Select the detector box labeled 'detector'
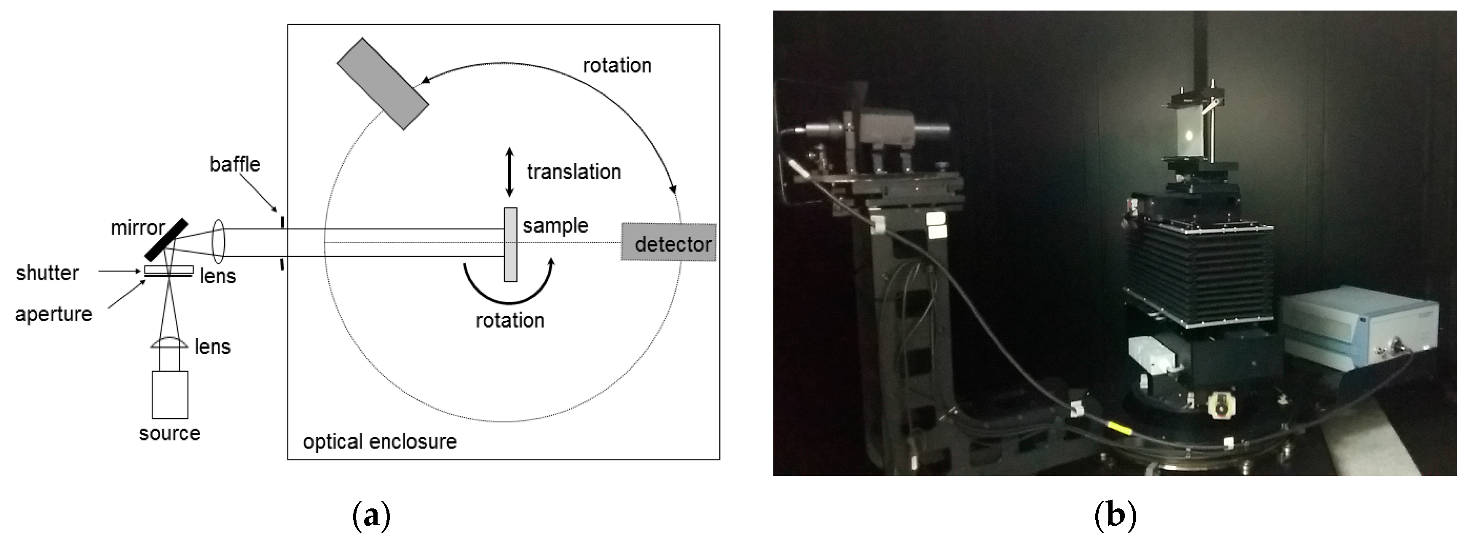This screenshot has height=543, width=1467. tap(668, 242)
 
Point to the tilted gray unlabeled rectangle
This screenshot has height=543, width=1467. tap(382, 84)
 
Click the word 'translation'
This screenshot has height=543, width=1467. tap(574, 172)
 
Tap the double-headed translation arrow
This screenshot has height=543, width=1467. tap(510, 172)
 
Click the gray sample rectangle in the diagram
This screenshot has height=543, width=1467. tap(510, 245)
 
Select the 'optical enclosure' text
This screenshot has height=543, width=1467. tap(380, 441)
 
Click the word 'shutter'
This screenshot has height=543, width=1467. tap(47, 273)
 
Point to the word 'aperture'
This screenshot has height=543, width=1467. tap(54, 314)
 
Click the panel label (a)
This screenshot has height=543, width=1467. tap(372, 516)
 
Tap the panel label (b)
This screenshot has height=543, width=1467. tap(1115, 516)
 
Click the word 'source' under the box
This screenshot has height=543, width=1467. tap(170, 434)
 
